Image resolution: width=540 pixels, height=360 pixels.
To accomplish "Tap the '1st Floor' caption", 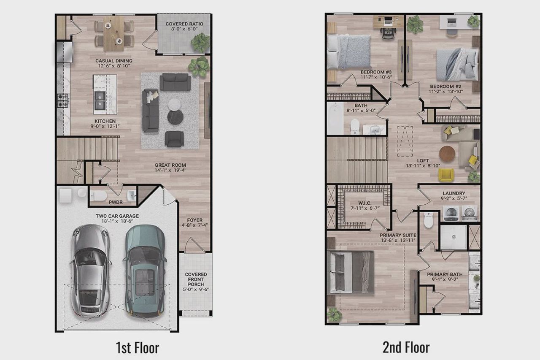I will click(138, 348).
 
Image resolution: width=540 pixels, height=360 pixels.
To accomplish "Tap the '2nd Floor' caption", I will click(406, 348).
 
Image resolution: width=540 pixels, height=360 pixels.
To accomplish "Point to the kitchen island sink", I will click(100, 102).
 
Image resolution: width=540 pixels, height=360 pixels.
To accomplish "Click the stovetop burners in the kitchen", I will click(62, 100).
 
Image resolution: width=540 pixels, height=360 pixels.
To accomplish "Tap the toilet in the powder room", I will click(100, 196).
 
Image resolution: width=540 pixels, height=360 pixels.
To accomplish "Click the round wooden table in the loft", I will click(448, 154).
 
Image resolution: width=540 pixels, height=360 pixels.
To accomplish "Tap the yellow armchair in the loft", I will click(446, 175).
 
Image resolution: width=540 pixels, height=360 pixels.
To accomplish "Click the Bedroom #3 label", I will click(370, 74).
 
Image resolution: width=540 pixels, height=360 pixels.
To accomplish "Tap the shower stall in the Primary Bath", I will click(454, 237).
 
